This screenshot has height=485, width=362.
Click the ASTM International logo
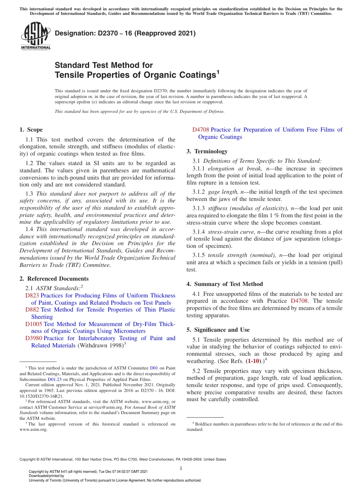35,36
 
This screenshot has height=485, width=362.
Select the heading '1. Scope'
31,130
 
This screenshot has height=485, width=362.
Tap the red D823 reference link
32,295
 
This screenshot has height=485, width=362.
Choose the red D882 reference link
32,310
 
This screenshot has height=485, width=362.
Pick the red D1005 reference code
34,324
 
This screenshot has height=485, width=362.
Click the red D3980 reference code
34,338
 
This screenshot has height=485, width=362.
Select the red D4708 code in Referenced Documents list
201,130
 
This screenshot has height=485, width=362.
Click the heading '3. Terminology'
207,151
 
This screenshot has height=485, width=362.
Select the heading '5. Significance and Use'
218,330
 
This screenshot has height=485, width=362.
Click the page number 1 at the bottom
181,468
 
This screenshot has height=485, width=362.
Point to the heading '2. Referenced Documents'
54,279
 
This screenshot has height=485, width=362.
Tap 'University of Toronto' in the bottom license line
52,480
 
